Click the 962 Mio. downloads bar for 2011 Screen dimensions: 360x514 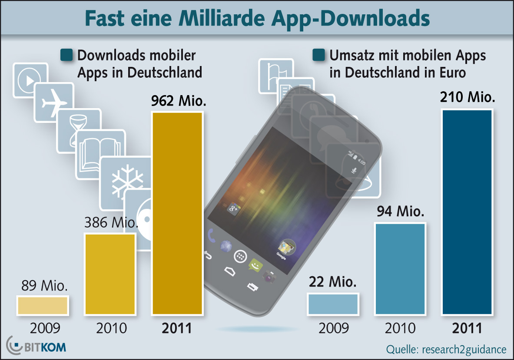tap(177, 213)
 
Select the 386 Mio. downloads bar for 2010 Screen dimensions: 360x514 tap(110, 274)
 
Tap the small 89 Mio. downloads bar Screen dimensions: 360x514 tap(43, 305)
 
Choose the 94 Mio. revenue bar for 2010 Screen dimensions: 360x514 tap(400, 268)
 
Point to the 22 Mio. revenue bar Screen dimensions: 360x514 tap(333, 304)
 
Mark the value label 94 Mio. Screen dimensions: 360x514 tap(400, 212)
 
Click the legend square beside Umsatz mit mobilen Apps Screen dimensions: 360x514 tap(318, 56)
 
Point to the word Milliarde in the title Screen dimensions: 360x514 tap(231, 18)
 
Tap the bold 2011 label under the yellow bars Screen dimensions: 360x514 tap(177, 328)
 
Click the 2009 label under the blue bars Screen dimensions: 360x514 tap(333, 328)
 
